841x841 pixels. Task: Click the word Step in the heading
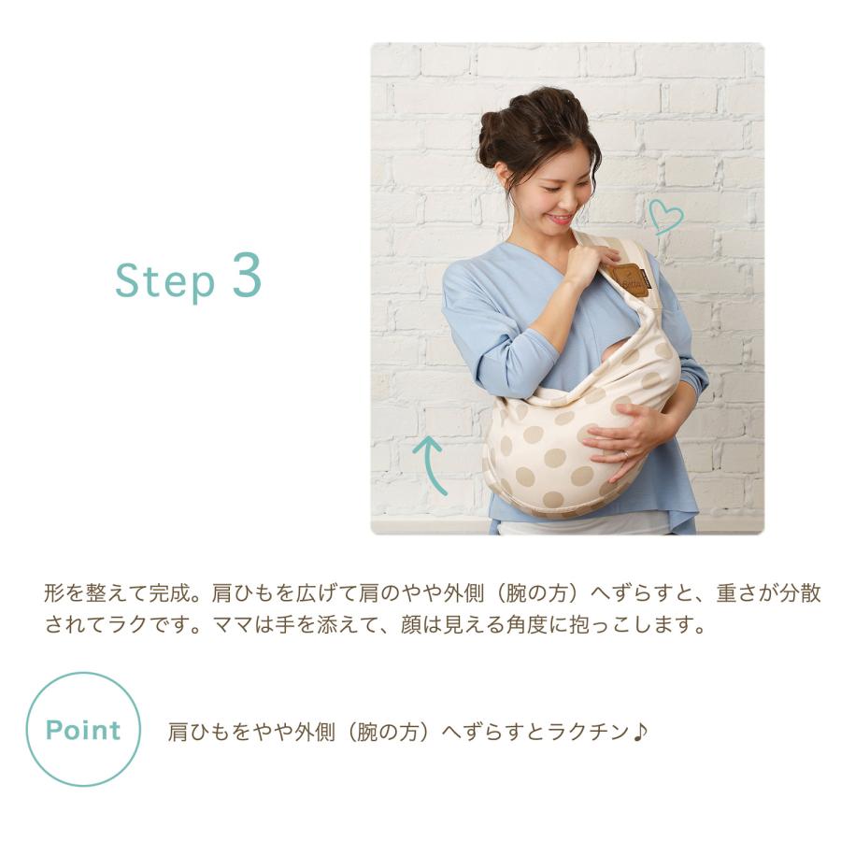tap(165, 280)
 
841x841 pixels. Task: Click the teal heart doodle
tap(665, 216)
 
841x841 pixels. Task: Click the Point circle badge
tap(83, 730)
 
